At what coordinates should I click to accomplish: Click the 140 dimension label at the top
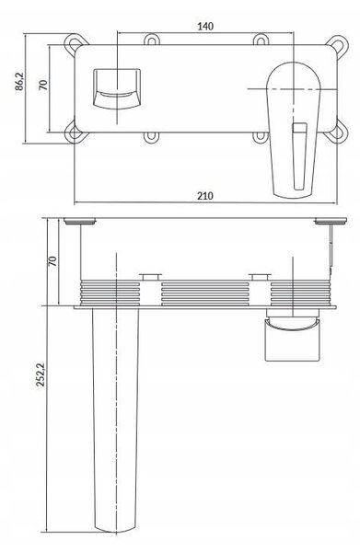[x=205, y=26]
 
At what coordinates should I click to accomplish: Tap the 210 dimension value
[x=205, y=195]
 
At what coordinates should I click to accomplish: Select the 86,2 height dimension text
[x=19, y=82]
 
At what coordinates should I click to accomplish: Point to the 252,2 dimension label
[x=41, y=374]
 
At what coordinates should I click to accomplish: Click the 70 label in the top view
[x=43, y=85]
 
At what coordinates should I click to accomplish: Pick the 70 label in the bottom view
[x=52, y=261]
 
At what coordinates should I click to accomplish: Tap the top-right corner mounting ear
[x=337, y=45]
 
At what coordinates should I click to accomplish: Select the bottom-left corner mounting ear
[x=75, y=132]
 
